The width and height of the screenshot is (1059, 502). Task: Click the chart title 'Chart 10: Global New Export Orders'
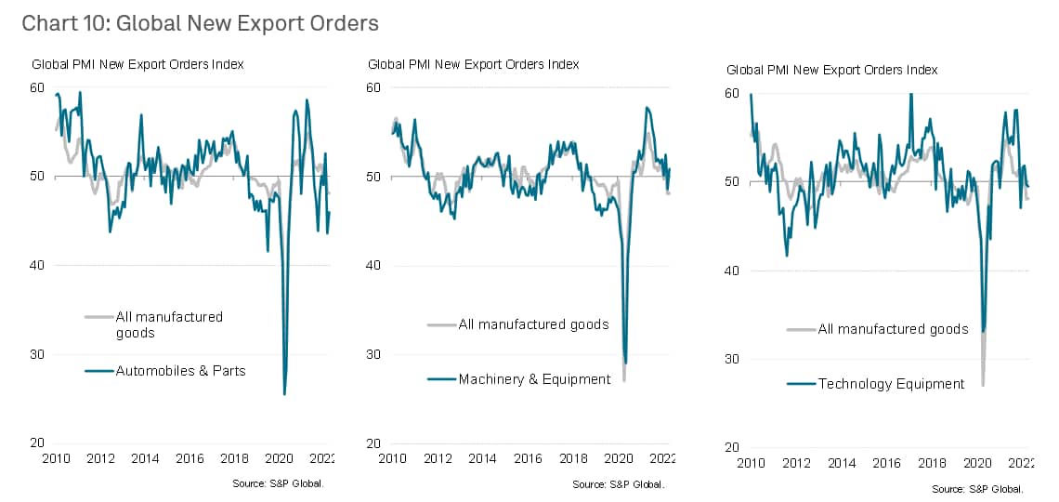[x=200, y=23]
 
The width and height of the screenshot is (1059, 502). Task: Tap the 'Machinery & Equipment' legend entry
[x=534, y=378]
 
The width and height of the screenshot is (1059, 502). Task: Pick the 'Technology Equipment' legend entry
[x=891, y=383]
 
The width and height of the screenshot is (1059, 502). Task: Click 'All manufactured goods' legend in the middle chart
[x=533, y=324]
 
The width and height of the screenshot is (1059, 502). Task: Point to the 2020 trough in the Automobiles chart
[x=284, y=394]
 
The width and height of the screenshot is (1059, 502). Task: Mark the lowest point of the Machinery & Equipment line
[x=626, y=363]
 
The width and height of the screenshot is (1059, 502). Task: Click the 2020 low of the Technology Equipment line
[x=983, y=331]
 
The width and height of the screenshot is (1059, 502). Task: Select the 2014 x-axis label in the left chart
[x=144, y=459]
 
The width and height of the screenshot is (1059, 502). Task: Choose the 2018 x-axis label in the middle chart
[x=573, y=459]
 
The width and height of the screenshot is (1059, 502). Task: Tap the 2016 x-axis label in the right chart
[x=887, y=464]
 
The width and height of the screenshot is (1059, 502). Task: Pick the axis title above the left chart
[x=137, y=64]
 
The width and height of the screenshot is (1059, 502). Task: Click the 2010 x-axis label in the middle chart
[x=392, y=459]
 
